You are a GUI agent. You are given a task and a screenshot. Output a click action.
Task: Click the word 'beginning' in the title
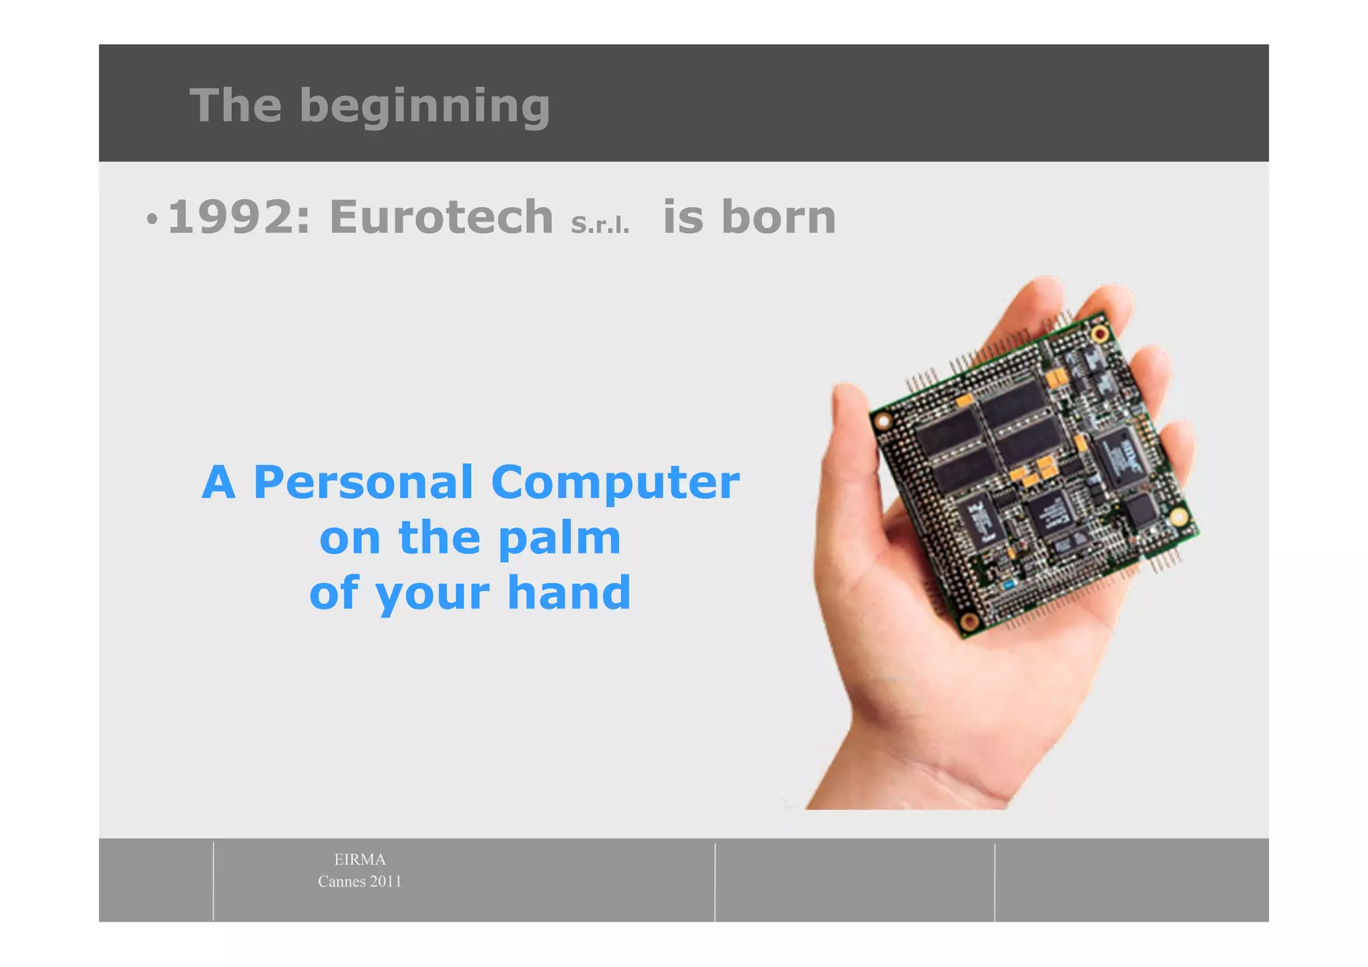coord(425,106)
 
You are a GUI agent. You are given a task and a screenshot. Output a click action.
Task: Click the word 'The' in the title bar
coord(235,106)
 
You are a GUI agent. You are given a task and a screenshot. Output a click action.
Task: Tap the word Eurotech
coord(441,218)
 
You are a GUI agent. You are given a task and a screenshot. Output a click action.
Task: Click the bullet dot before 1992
coord(152,218)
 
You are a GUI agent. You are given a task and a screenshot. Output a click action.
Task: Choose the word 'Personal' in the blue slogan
coord(363,482)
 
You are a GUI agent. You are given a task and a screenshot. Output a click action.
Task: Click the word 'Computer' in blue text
coord(615,482)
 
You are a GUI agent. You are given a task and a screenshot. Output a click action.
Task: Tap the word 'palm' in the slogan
coord(560,538)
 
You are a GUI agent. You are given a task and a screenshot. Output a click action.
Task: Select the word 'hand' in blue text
coord(568,593)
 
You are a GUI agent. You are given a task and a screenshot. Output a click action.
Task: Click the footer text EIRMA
coord(359,859)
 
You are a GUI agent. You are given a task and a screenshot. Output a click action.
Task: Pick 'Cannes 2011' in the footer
coord(359,882)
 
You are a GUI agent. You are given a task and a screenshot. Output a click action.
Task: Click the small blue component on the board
coord(1008,585)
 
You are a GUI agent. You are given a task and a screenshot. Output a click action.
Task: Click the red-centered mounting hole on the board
coord(1099,333)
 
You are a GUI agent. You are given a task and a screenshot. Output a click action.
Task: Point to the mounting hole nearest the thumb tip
coord(884,421)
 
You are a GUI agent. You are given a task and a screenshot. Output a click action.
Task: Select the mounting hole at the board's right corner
coord(1178,516)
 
